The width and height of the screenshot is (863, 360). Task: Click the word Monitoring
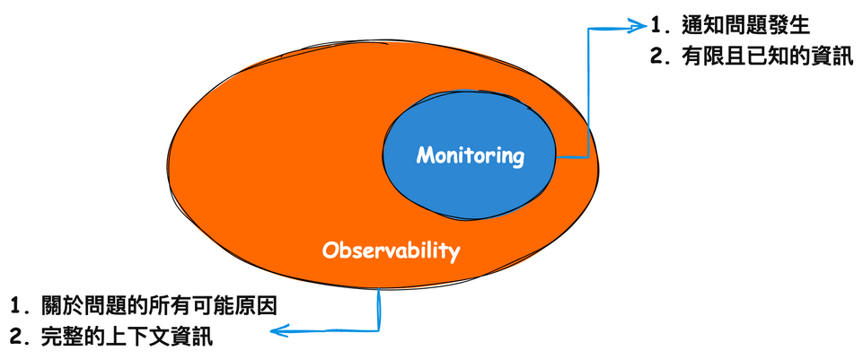point(470,155)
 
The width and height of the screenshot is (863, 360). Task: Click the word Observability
point(391,250)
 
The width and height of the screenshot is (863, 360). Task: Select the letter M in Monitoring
point(425,155)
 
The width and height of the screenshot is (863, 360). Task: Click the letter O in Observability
point(330,250)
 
